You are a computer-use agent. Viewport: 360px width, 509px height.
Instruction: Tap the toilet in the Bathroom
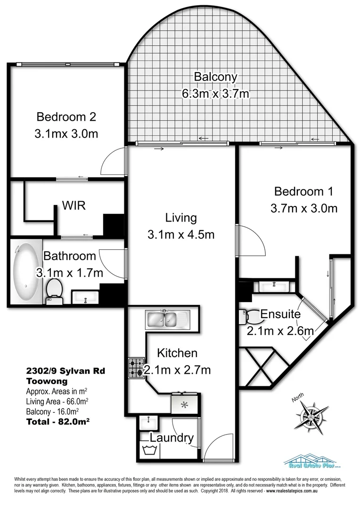54,290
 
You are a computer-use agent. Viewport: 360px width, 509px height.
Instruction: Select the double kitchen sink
167,319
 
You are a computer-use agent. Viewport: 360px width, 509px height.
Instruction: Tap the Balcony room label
215,76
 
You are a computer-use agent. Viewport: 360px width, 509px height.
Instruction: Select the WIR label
74,206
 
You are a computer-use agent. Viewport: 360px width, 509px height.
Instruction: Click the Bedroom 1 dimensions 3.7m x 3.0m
303,208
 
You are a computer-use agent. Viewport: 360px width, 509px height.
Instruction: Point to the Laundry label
172,438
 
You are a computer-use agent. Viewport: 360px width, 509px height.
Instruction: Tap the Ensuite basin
272,286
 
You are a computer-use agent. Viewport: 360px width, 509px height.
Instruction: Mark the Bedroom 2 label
66,116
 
